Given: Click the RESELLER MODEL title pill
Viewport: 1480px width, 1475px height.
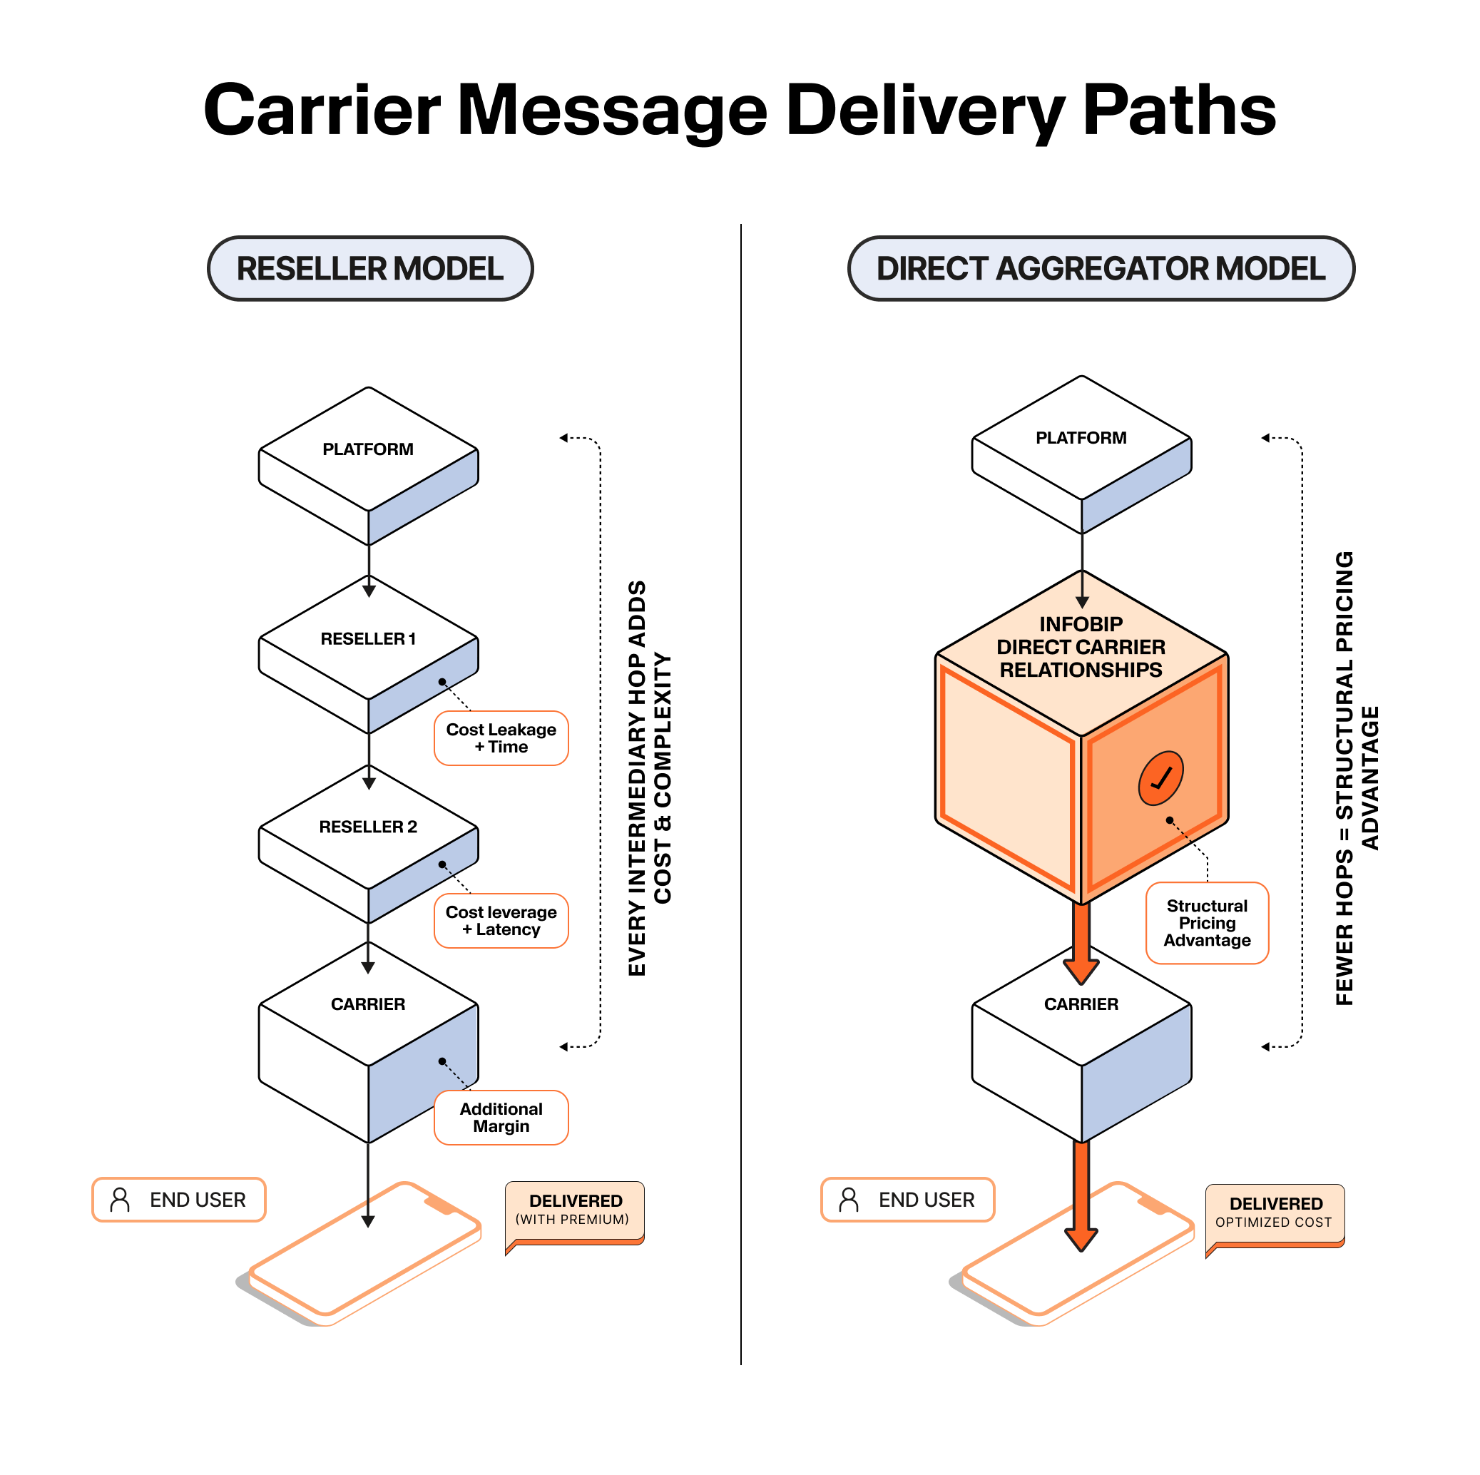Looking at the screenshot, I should tap(370, 268).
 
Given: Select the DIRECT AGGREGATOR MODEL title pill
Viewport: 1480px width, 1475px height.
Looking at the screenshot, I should tap(1100, 268).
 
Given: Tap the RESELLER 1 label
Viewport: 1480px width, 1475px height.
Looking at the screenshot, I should tap(368, 638).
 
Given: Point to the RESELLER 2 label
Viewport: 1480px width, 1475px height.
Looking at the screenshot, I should tap(368, 827).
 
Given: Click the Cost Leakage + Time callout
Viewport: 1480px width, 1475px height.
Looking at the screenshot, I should tap(501, 738).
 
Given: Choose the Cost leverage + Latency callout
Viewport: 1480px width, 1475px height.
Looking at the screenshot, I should tap(501, 920).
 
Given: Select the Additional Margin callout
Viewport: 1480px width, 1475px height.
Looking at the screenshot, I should tap(501, 1117).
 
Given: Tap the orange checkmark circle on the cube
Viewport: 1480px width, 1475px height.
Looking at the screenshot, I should tap(1160, 777).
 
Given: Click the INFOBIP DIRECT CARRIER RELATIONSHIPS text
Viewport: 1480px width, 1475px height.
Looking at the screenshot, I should tap(1080, 647).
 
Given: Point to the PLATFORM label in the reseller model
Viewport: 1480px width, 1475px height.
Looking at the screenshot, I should tap(368, 449).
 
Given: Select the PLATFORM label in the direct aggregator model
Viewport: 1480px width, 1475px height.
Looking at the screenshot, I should tap(1080, 437).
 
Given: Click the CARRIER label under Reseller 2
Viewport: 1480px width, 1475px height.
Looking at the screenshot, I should tap(368, 1004).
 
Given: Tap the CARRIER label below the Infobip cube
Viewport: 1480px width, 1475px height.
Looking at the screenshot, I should tap(1080, 1004).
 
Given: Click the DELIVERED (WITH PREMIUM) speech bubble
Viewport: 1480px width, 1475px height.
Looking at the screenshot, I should tap(575, 1210).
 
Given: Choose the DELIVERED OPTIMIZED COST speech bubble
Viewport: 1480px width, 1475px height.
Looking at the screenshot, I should tap(1275, 1213).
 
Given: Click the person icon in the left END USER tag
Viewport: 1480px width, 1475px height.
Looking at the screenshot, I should tap(121, 1199).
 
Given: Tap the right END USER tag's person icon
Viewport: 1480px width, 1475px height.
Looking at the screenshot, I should tap(849, 1199).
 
